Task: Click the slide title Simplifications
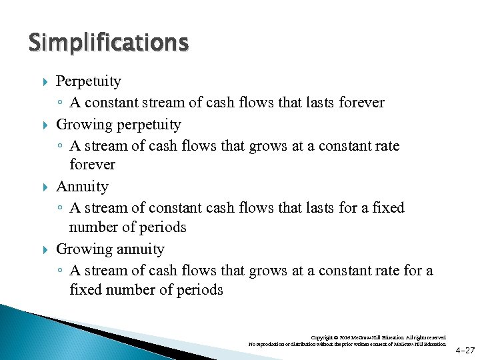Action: pyautogui.click(x=109, y=43)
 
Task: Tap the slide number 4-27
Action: pyautogui.click(x=465, y=349)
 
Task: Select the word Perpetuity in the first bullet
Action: pyautogui.click(x=89, y=82)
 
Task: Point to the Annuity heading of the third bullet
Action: pyautogui.click(x=82, y=187)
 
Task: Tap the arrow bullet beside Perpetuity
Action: pyautogui.click(x=44, y=82)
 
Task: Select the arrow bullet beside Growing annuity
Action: pyautogui.click(x=44, y=249)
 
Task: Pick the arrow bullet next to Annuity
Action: pyautogui.click(x=44, y=187)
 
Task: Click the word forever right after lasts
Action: pyautogui.click(x=362, y=103)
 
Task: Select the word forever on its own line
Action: pyautogui.click(x=92, y=165)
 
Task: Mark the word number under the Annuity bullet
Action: pyautogui.click(x=93, y=227)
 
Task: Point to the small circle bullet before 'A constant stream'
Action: pyautogui.click(x=60, y=103)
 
